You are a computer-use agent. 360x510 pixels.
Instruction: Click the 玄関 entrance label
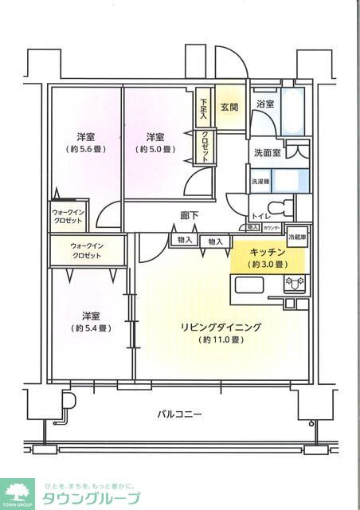coord(230,108)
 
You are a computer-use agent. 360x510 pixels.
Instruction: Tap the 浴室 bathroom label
coord(265,104)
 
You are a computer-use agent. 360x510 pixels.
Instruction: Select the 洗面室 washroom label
coord(267,152)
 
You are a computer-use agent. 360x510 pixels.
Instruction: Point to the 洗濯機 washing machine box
coord(261,181)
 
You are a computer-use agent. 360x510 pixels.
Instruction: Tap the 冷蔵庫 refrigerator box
coord(297,238)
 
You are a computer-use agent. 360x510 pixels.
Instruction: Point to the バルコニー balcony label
coord(179,414)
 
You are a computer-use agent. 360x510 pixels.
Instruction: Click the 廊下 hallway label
coord(189,214)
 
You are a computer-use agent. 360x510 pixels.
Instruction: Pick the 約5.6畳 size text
coord(86,149)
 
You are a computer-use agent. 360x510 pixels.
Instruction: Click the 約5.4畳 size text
coord(90,328)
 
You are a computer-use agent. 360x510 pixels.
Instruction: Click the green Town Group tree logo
coord(17,492)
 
